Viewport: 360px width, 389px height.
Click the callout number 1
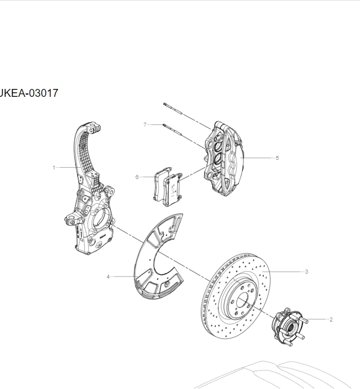[x=53, y=167]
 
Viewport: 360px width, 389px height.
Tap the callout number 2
[x=331, y=319]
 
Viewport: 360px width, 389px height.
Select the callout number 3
[x=307, y=271]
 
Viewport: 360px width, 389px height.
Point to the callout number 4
[x=108, y=276]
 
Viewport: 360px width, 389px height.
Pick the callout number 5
[x=277, y=158]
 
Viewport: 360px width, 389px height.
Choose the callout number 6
[x=137, y=177]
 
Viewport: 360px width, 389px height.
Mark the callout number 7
[x=145, y=124]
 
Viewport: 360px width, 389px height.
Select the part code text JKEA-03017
[x=29, y=93]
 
